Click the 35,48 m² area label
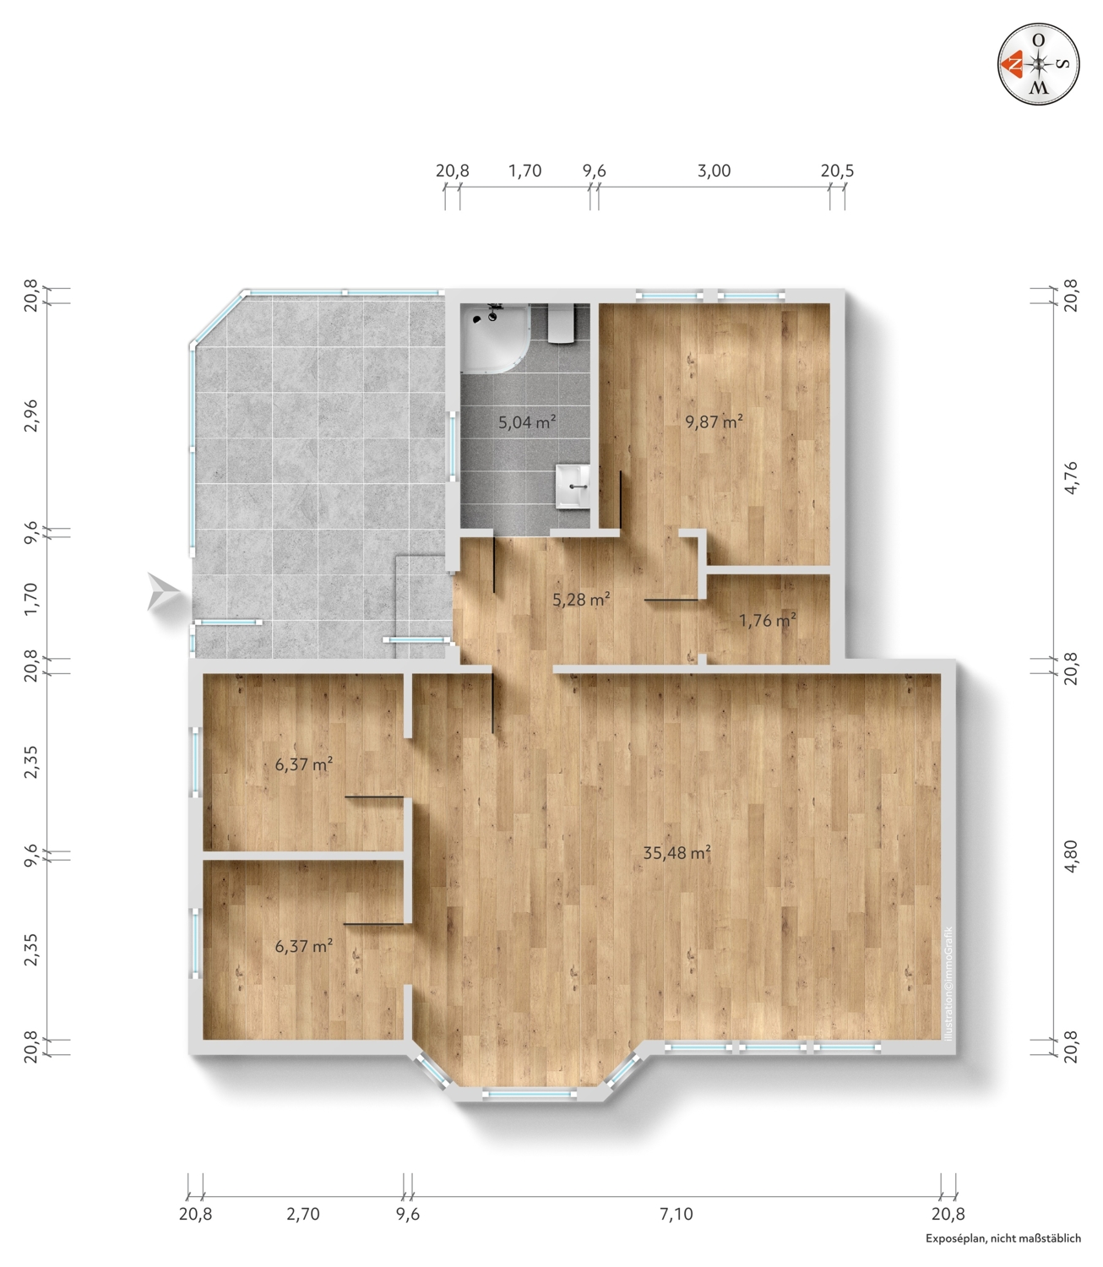676,853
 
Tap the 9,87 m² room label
714,421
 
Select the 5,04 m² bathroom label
527,422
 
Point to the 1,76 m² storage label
768,620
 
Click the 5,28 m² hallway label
581,600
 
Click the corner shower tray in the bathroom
494,338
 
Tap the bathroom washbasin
572,487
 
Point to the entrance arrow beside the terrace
163,592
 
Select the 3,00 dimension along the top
714,171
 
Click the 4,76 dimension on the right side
1071,477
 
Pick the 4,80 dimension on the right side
1071,856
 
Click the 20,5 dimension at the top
838,171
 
